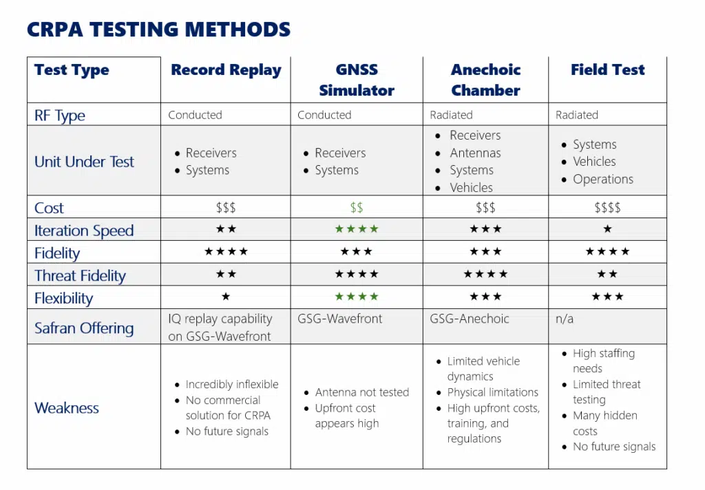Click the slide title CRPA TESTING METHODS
(159, 30)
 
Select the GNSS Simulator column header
(357, 80)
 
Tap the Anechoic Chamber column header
(485, 80)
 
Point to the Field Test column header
(607, 70)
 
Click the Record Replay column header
(226, 70)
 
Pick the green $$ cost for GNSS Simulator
(357, 208)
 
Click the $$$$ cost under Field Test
(607, 208)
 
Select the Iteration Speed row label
(84, 231)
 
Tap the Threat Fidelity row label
(80, 275)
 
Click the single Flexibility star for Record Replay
(226, 296)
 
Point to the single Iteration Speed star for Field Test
(607, 228)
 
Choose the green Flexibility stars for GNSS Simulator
(357, 296)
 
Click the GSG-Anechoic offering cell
(470, 319)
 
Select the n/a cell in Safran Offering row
(565, 319)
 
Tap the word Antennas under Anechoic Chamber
(475, 153)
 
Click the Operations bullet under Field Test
(603, 180)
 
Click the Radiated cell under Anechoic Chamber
(451, 115)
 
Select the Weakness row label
(67, 407)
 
